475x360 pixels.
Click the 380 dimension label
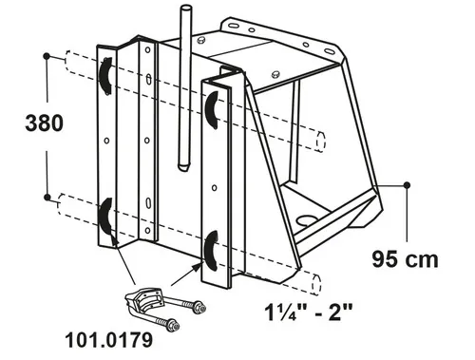(x=45, y=123)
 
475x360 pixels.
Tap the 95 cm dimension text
(x=405, y=259)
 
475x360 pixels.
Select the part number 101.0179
(x=109, y=340)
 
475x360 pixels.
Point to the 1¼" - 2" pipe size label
(x=309, y=312)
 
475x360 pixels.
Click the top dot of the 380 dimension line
(x=47, y=56)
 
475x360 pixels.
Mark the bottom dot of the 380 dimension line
(x=47, y=198)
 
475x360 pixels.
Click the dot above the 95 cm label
(x=408, y=185)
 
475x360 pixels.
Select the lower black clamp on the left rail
(x=104, y=218)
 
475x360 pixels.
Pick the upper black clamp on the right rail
(x=211, y=110)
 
